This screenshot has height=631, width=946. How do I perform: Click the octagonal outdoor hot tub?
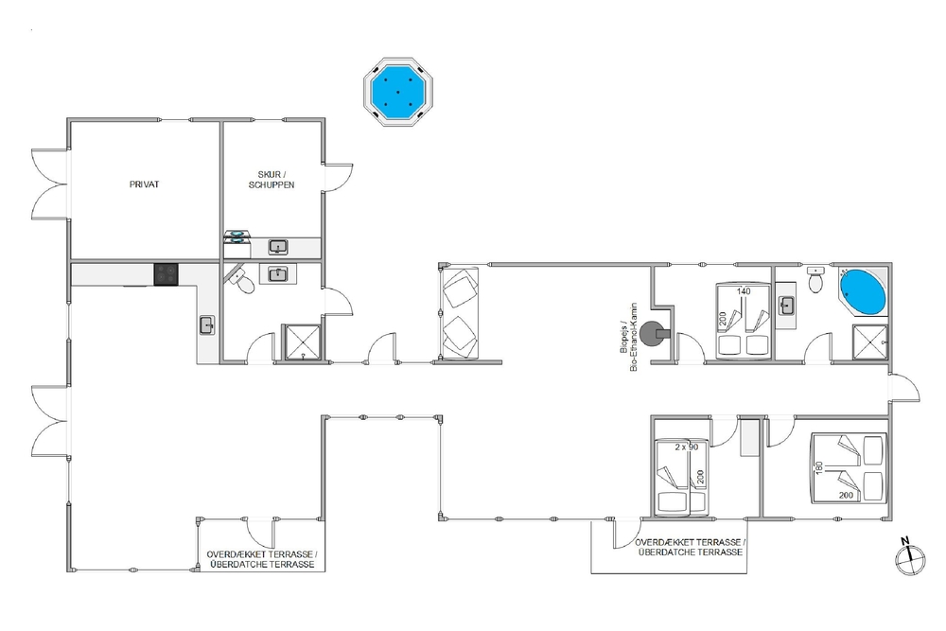pos(398,92)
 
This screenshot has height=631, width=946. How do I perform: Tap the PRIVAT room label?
pos(144,184)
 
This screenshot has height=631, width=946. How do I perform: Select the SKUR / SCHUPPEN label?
pos(272,179)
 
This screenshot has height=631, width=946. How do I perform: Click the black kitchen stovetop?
pos(166,274)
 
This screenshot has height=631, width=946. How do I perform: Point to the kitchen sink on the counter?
pos(207,325)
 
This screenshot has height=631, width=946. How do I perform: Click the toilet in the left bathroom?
pos(244,282)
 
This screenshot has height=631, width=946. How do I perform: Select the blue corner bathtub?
pos(863,292)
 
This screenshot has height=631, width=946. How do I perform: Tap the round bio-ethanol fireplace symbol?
pos(654,333)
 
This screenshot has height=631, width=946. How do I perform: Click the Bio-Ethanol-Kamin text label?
pos(629,337)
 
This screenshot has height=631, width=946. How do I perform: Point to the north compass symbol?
pos(910,558)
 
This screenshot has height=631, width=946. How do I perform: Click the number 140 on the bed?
pos(744,291)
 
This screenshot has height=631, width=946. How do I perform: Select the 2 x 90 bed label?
pos(687,447)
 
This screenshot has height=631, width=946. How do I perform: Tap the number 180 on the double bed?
pos(819,468)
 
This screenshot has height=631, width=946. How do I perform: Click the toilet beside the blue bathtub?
pos(815,281)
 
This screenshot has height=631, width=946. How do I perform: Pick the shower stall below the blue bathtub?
pos(870,343)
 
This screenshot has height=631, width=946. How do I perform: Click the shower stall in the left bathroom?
pos(303,342)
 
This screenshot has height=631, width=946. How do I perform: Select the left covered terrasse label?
pos(262,559)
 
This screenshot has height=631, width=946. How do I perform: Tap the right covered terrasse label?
pos(691,547)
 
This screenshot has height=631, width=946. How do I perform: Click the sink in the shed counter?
pos(278,247)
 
